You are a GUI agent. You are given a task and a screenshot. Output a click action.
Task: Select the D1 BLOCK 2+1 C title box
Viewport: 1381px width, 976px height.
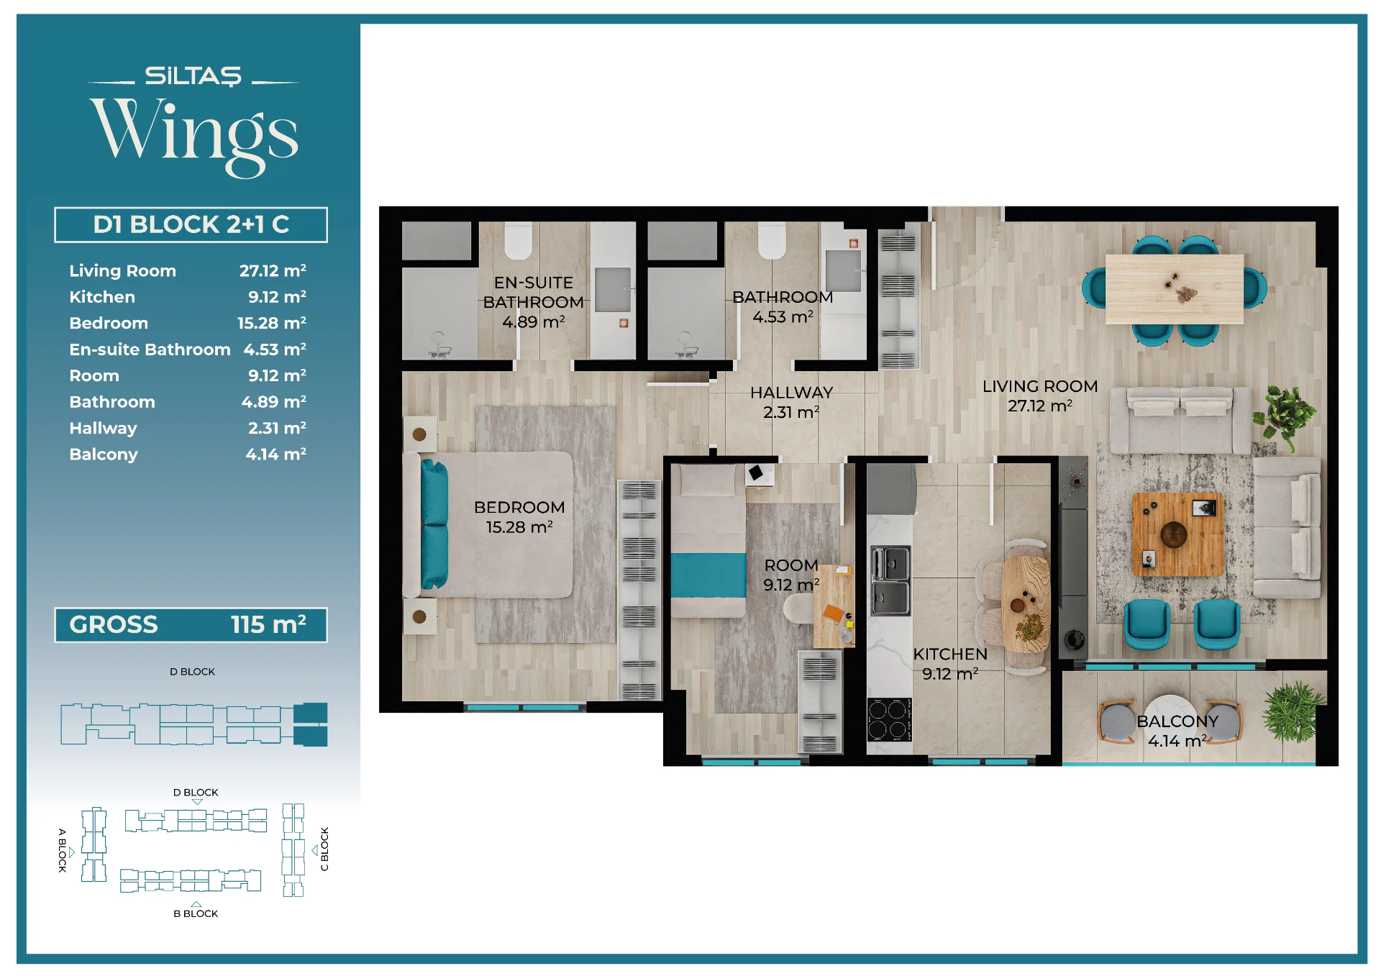191,224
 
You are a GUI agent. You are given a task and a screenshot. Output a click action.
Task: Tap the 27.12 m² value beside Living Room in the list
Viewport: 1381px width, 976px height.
273,270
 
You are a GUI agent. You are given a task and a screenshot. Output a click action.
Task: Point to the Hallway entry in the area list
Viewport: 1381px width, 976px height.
103,429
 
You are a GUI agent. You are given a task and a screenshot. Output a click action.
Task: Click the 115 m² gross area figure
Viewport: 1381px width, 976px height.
268,624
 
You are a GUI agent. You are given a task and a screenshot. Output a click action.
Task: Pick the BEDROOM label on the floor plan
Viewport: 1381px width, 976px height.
519,507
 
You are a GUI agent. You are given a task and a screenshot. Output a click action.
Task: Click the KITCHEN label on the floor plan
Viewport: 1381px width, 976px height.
950,654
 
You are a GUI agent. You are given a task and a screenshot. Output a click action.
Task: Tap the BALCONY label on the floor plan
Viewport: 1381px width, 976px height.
1177,721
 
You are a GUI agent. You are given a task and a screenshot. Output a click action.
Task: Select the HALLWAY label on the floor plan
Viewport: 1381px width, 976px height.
791,393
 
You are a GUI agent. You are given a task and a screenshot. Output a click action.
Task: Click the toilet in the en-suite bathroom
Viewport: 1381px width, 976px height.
518,240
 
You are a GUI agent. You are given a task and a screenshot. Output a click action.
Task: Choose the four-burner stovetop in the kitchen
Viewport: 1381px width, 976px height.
889,719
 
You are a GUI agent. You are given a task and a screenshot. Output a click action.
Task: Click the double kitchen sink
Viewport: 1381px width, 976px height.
890,581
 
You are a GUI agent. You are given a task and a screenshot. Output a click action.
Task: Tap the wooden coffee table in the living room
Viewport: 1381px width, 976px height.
1177,534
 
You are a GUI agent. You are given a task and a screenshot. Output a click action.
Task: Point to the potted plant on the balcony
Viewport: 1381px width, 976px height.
1295,712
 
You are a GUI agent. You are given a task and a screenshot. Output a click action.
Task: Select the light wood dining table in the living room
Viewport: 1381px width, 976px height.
1174,289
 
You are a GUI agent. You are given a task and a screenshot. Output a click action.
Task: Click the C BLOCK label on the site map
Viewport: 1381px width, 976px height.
324,849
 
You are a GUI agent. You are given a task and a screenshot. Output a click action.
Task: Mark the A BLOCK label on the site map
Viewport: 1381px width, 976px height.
63,850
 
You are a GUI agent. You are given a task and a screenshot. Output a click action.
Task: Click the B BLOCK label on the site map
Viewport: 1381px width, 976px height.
196,913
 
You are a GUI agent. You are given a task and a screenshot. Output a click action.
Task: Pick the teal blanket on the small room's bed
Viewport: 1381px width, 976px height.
708,575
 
